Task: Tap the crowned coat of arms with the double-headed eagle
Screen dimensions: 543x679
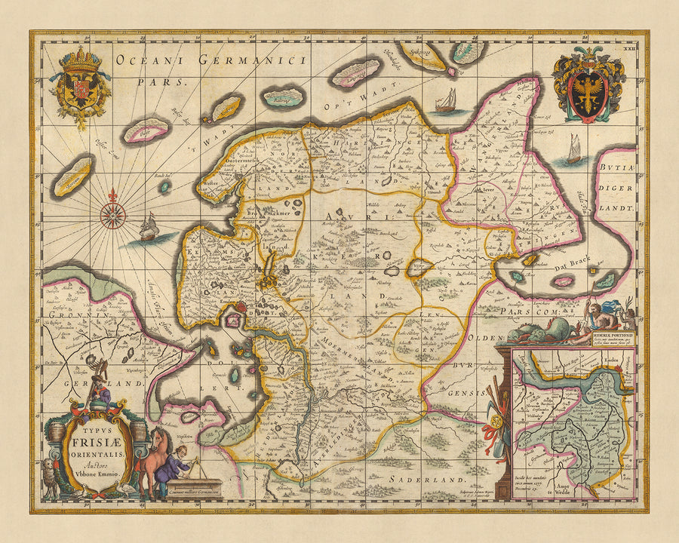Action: coord(79,84)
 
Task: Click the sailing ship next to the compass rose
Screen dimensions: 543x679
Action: coord(149,227)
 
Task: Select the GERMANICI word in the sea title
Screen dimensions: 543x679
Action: coord(252,61)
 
